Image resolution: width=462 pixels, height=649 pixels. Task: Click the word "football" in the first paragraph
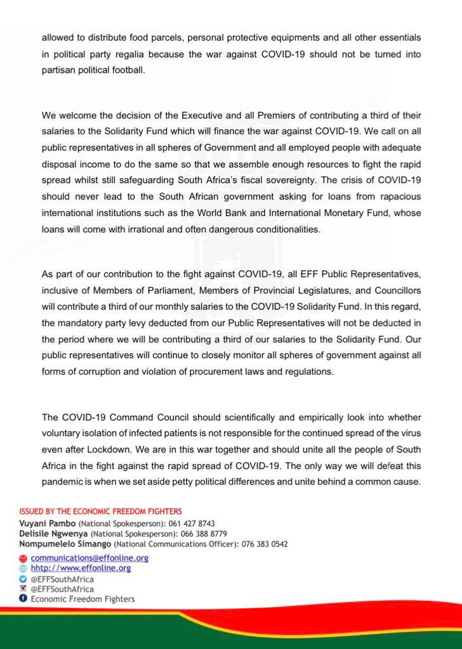click(126, 70)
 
